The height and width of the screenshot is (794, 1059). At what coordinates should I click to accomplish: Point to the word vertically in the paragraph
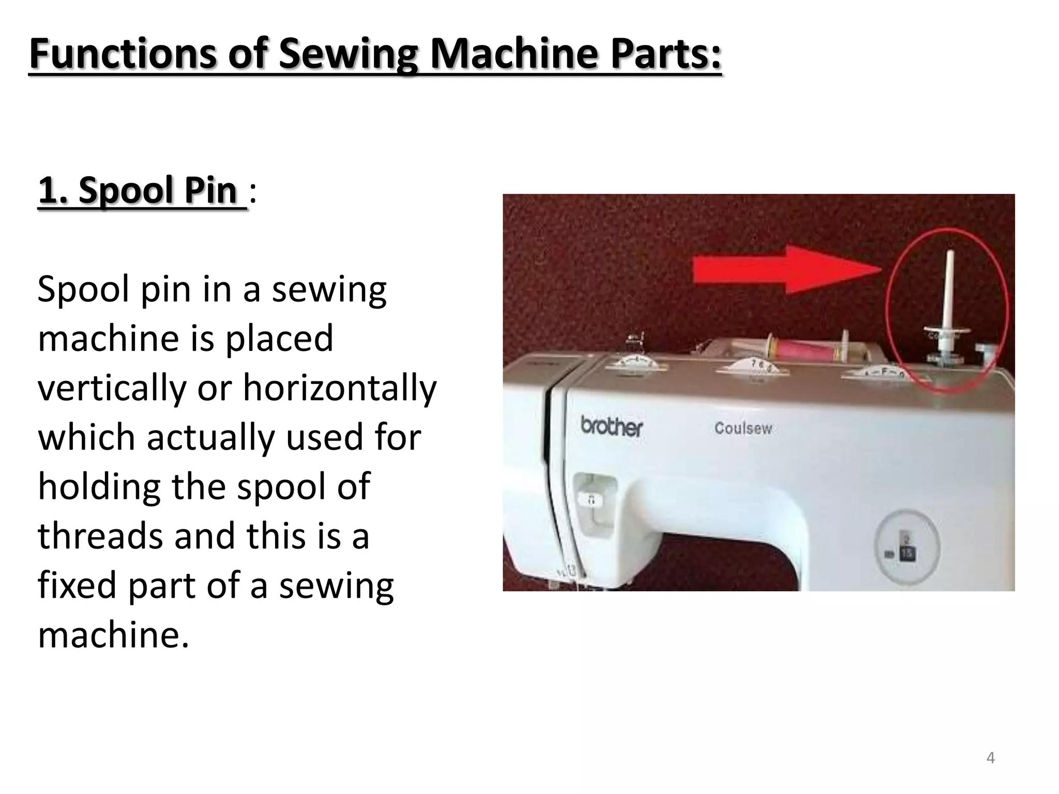112,388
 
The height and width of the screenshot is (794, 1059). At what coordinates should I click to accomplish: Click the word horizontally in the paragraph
340,388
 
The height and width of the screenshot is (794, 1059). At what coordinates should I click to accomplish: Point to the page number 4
990,758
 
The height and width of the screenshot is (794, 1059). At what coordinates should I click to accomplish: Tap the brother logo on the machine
612,427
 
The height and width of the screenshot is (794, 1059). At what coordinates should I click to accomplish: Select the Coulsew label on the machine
743,428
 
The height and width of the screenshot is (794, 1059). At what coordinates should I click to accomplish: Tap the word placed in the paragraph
279,339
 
